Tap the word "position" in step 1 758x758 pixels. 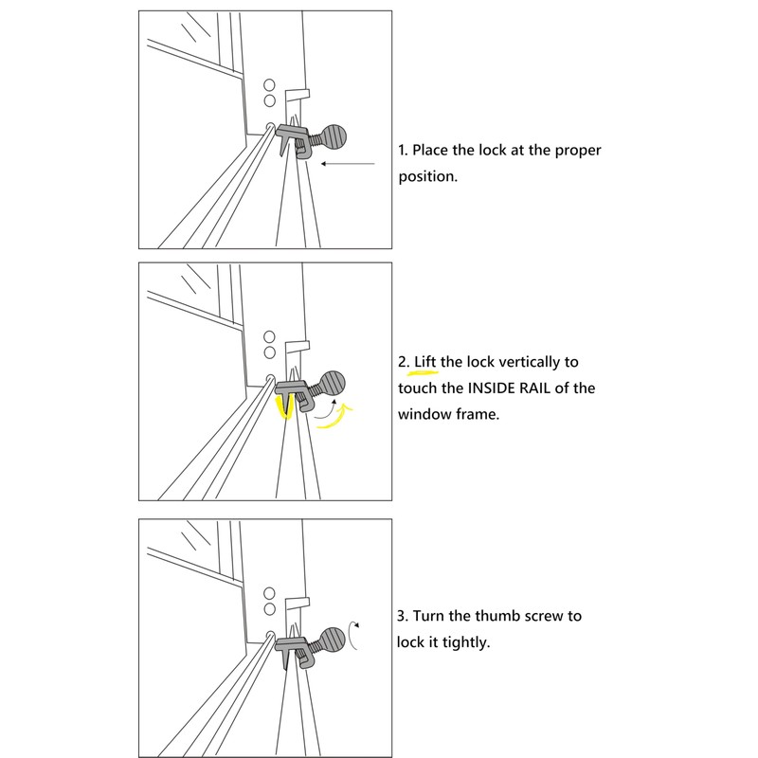click(x=427, y=177)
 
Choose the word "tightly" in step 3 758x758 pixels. click(x=462, y=641)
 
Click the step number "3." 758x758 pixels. click(x=404, y=616)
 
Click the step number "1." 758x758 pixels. click(x=403, y=151)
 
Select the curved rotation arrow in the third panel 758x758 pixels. click(x=353, y=636)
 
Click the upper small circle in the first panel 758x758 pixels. click(x=269, y=83)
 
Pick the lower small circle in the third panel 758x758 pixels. click(x=269, y=607)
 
